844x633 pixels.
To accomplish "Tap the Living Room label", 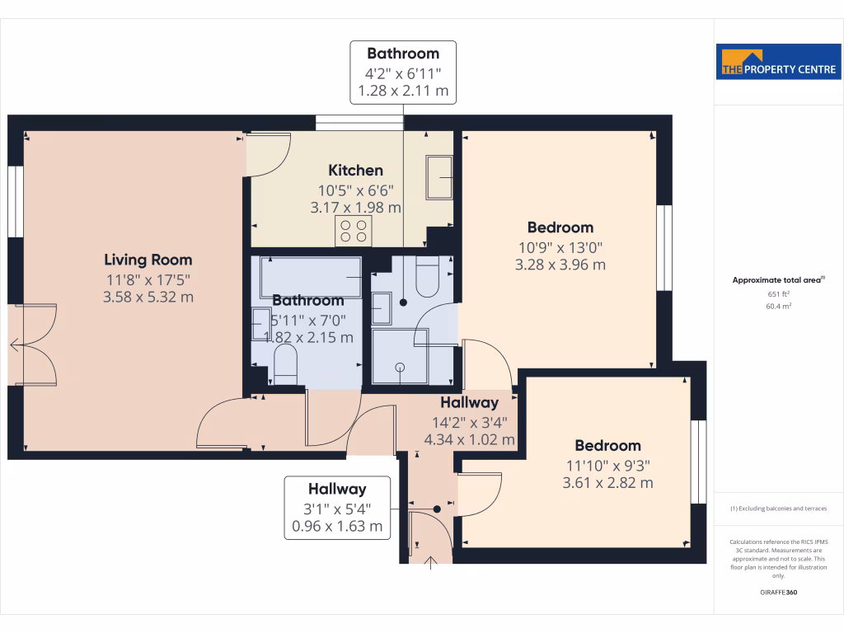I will (x=148, y=260).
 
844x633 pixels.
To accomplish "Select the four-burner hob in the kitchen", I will (x=354, y=231).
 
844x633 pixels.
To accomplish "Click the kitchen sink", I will (x=438, y=177).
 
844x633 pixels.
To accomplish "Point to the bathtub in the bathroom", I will (x=311, y=276).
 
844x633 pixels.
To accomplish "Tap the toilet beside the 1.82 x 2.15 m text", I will (x=284, y=365).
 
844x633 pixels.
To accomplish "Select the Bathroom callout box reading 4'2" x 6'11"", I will (x=403, y=73).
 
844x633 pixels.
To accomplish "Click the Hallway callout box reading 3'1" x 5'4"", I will (x=337, y=507).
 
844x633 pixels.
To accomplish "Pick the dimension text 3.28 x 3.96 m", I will (x=560, y=265).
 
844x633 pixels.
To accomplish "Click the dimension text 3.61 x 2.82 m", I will (x=607, y=483).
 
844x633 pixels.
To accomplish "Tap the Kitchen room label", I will (x=355, y=171).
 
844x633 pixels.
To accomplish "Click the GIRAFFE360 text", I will (x=778, y=593).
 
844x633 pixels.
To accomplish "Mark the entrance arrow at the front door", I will (x=430, y=562).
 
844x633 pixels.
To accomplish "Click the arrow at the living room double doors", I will (x=14, y=345).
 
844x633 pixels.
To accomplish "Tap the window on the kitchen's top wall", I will (x=359, y=123).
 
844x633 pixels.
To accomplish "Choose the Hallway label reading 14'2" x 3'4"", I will (x=469, y=403).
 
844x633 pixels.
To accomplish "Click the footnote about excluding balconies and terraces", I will (x=778, y=509).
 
